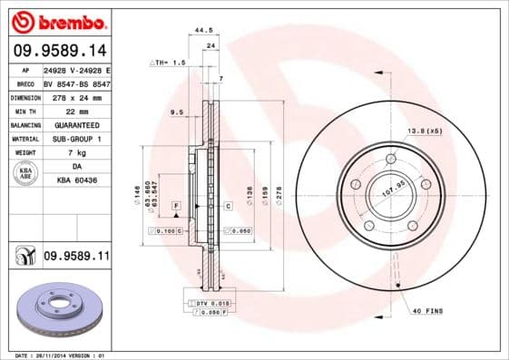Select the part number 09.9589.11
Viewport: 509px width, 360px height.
(x=77, y=258)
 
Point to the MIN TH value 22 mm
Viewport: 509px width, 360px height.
(x=63, y=111)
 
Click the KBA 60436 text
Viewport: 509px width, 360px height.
(x=76, y=180)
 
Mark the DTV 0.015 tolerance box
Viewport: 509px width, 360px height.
(x=208, y=302)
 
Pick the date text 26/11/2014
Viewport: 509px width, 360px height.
(x=57, y=355)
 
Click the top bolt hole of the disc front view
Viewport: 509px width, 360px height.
(x=391, y=160)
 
